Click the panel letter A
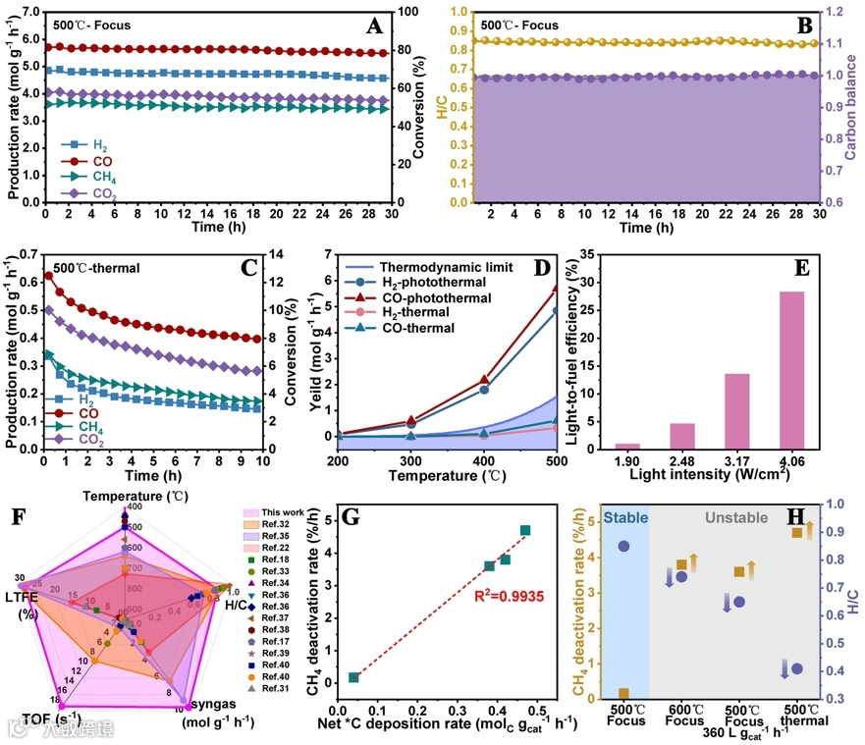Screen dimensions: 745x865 tap(374, 27)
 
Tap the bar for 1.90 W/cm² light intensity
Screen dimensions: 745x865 tap(627, 446)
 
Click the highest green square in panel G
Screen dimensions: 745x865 tap(525, 530)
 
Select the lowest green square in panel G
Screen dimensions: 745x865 tap(353, 677)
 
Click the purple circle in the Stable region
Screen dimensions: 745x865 tap(623, 546)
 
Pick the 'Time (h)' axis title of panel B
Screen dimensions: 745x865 tap(646, 227)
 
